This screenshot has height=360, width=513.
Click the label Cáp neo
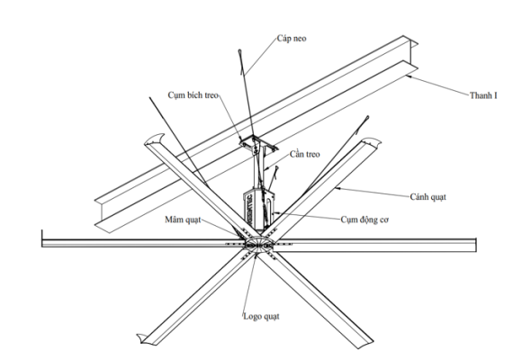(x=292, y=39)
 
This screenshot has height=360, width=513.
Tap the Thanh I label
(x=483, y=95)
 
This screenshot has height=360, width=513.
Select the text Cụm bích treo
(x=193, y=95)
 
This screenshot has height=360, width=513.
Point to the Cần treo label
(x=304, y=154)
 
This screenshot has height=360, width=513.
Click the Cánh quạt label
(x=427, y=197)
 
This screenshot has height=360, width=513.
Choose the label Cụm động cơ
(x=364, y=220)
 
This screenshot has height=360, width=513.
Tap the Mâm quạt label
(x=183, y=220)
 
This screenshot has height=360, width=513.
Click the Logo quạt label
(x=261, y=317)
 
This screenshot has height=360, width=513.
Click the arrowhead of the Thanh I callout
(x=408, y=76)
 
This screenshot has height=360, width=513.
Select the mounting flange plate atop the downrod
(x=258, y=144)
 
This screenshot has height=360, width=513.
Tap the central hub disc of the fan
(x=260, y=244)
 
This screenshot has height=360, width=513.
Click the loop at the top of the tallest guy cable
(x=239, y=51)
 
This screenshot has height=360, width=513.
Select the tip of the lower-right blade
(x=367, y=345)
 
